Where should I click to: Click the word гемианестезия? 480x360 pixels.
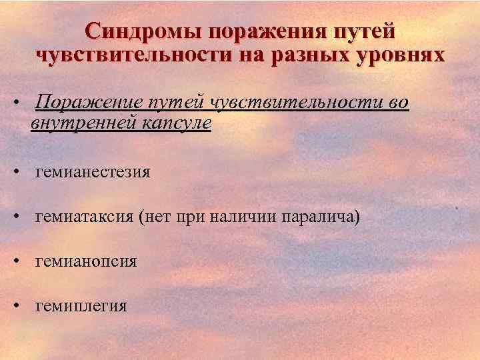tap(93, 172)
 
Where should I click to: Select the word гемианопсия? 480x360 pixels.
tap(87, 261)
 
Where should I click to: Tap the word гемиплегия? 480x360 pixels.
tap(81, 306)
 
